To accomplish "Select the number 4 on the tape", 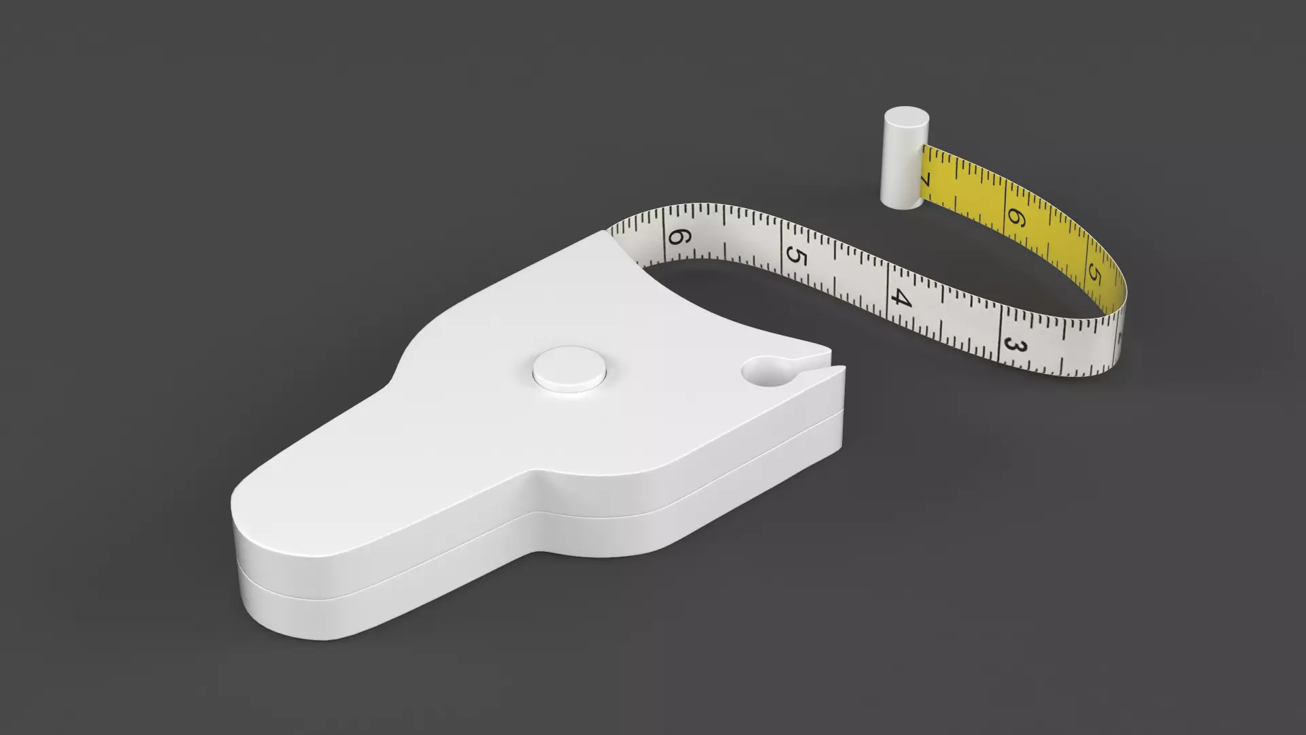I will tap(901, 297).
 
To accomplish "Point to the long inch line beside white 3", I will tap(999, 337).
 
